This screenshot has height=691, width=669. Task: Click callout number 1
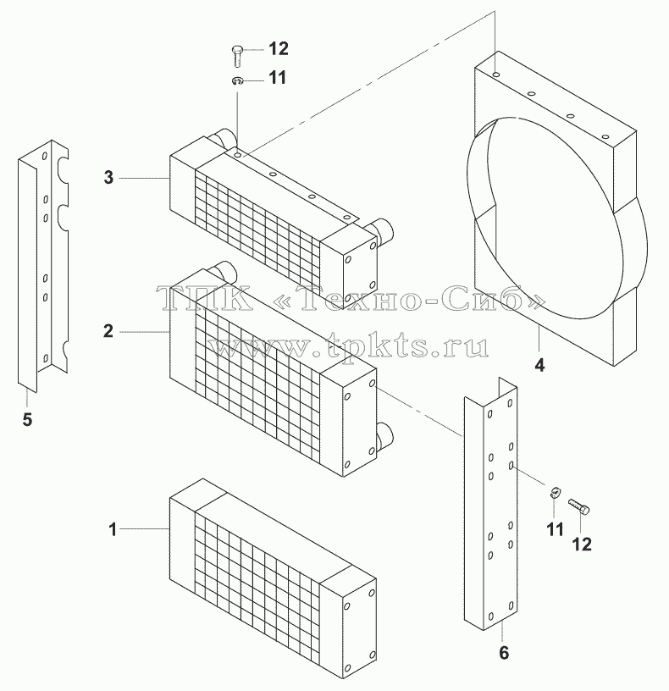(113, 529)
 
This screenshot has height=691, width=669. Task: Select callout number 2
(108, 331)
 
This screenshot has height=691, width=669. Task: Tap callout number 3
(108, 178)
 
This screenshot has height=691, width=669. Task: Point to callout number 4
(540, 365)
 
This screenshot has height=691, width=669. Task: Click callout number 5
(27, 419)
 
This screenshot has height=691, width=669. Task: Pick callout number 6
(504, 653)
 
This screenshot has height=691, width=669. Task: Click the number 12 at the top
(278, 49)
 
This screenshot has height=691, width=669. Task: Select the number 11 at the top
(277, 78)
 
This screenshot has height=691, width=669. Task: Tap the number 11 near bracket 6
(555, 529)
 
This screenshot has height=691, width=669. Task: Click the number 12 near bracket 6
(581, 545)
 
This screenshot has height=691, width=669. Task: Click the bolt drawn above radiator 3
(237, 56)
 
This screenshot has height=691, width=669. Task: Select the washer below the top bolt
(238, 80)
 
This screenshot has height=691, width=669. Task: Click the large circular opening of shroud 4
(545, 218)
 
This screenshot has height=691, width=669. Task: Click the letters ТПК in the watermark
(207, 298)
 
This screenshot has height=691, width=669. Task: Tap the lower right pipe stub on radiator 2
(385, 435)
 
